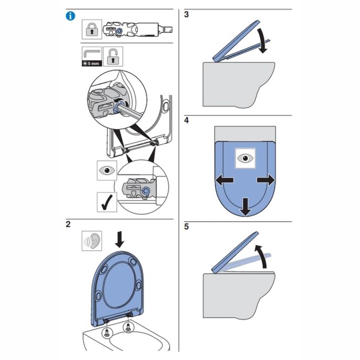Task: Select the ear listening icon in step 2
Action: [91, 241]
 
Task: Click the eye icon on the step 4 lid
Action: [244, 158]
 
